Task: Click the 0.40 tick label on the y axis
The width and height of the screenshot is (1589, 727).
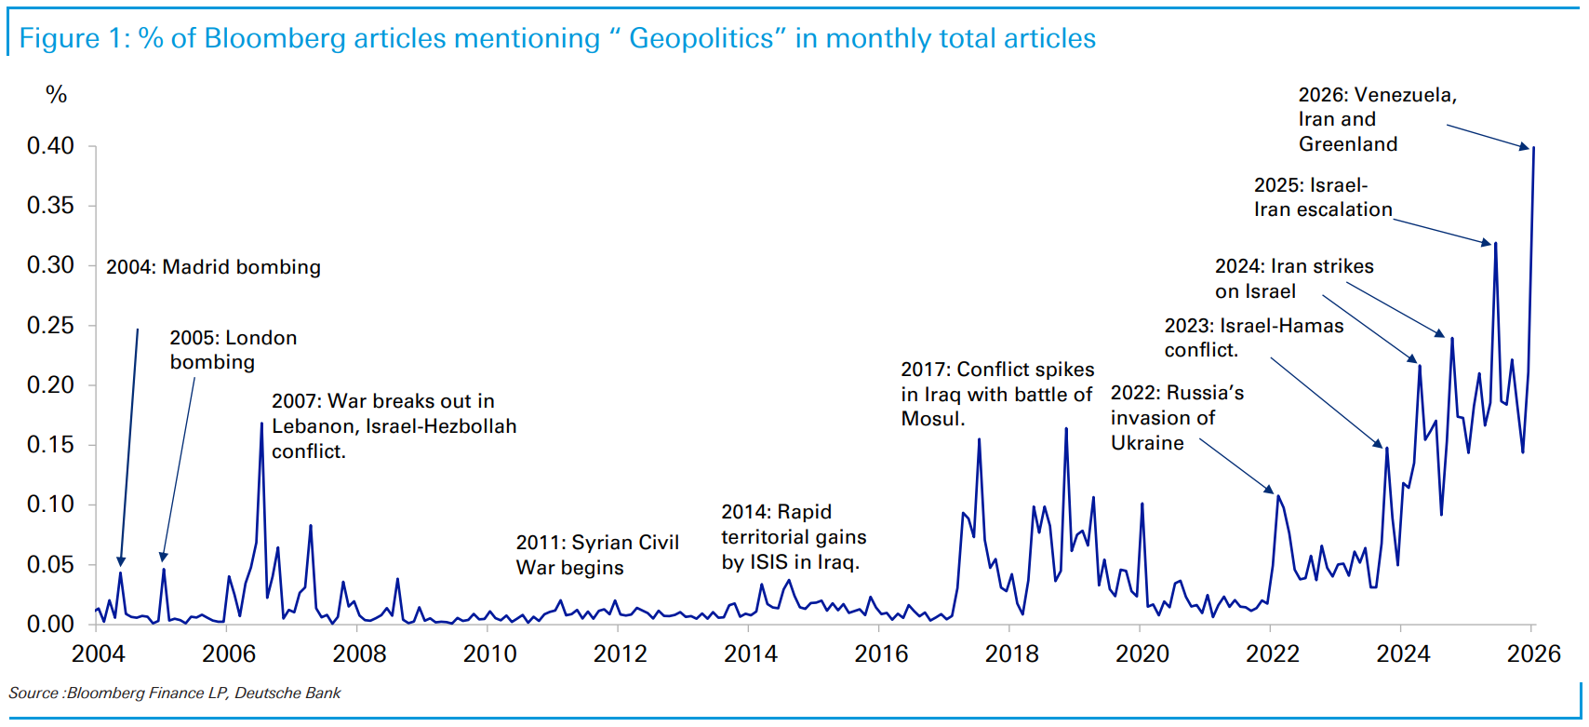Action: (50, 146)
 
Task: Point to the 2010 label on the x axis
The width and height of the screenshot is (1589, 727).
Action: (489, 653)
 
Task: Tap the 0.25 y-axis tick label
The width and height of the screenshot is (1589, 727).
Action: (50, 326)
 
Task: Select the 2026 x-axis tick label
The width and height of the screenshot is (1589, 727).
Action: (1533, 653)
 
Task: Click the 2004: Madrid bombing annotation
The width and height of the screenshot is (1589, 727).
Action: (213, 267)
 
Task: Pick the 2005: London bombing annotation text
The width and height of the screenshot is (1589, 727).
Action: (233, 350)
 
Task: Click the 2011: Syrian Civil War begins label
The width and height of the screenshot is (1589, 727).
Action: (597, 555)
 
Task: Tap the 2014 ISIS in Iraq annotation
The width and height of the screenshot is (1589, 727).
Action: (794, 537)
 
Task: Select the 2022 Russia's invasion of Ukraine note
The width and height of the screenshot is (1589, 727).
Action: (1176, 418)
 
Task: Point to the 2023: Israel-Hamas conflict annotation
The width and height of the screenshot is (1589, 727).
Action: (1253, 338)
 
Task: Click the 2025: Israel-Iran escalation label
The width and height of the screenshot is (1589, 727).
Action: (1322, 197)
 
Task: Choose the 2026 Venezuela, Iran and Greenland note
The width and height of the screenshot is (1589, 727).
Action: (1377, 119)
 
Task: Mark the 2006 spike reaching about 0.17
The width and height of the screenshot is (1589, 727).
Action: (261, 424)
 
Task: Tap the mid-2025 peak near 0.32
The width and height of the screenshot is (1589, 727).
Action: (1495, 244)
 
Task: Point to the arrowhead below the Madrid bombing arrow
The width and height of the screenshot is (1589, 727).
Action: (121, 560)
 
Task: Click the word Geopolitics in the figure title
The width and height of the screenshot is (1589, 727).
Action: (701, 38)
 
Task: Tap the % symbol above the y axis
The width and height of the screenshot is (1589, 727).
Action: (56, 94)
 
